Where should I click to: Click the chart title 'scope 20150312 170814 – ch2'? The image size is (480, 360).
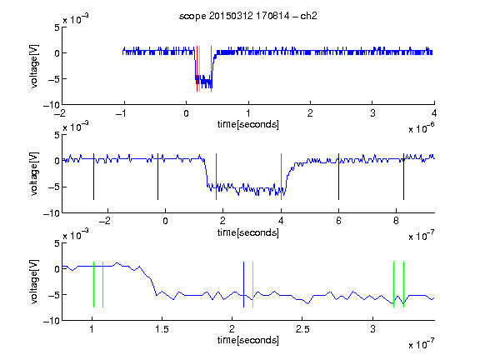(248, 16)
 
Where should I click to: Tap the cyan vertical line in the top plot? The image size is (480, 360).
(200, 68)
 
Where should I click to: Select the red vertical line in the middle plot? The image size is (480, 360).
(216, 177)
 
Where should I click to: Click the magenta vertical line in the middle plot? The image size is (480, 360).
(281, 177)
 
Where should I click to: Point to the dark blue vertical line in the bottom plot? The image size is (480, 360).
(243, 284)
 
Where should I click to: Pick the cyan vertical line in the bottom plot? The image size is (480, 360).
(252, 284)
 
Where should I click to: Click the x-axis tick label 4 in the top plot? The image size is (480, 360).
(434, 113)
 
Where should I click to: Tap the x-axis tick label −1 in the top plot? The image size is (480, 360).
(121, 113)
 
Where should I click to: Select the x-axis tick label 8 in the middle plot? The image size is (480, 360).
(396, 221)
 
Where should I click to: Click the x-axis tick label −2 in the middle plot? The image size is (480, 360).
(105, 221)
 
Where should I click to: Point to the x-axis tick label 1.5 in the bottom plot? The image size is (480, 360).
(162, 329)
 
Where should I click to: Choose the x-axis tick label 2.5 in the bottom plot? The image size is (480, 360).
(302, 329)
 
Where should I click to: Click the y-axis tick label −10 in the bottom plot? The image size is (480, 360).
(52, 321)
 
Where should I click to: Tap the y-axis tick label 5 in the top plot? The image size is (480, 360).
(57, 27)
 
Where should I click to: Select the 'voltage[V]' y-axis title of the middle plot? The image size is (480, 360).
(35, 173)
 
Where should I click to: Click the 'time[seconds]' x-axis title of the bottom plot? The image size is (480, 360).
(248, 340)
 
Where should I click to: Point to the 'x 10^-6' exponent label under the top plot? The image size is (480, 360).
(422, 128)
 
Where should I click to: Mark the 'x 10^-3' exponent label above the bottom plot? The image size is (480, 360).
(76, 234)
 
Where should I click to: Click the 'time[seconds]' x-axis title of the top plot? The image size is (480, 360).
(248, 124)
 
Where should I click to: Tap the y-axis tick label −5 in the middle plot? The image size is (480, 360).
(54, 187)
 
